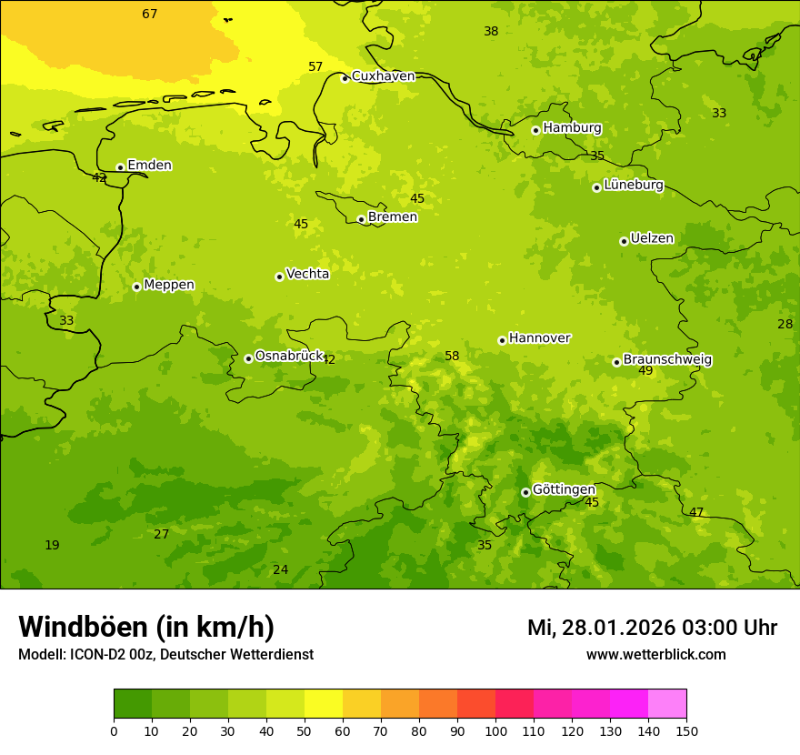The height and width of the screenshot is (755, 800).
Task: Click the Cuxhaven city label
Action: click(x=383, y=76)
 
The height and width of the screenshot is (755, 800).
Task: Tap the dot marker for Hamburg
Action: click(x=535, y=130)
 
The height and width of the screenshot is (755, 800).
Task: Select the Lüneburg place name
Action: click(x=633, y=186)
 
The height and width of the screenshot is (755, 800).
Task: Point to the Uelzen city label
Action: click(x=652, y=239)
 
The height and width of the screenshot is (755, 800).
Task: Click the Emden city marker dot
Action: click(x=120, y=167)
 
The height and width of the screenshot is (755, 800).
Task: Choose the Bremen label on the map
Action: click(x=392, y=217)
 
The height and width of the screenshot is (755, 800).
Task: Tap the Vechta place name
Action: click(x=307, y=274)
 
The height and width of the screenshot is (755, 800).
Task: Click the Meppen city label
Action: click(x=168, y=285)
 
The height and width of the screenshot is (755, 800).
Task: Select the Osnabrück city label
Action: click(x=289, y=356)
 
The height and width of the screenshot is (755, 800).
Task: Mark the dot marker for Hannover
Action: click(x=502, y=340)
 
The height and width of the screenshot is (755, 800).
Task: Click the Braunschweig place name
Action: click(x=667, y=360)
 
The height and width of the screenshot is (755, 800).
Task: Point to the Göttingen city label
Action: click(x=564, y=489)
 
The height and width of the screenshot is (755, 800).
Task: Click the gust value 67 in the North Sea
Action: click(x=150, y=14)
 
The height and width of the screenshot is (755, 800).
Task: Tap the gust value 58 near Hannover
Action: click(x=452, y=356)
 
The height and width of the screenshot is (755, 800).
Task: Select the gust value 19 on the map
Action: click(x=52, y=545)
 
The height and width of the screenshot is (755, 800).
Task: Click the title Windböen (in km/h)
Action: click(x=146, y=627)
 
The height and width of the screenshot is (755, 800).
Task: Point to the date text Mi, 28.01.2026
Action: click(x=600, y=628)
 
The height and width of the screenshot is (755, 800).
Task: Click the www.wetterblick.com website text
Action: click(x=655, y=654)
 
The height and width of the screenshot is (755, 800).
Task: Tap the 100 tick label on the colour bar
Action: click(x=495, y=730)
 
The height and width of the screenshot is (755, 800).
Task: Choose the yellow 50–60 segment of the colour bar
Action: click(x=324, y=704)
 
